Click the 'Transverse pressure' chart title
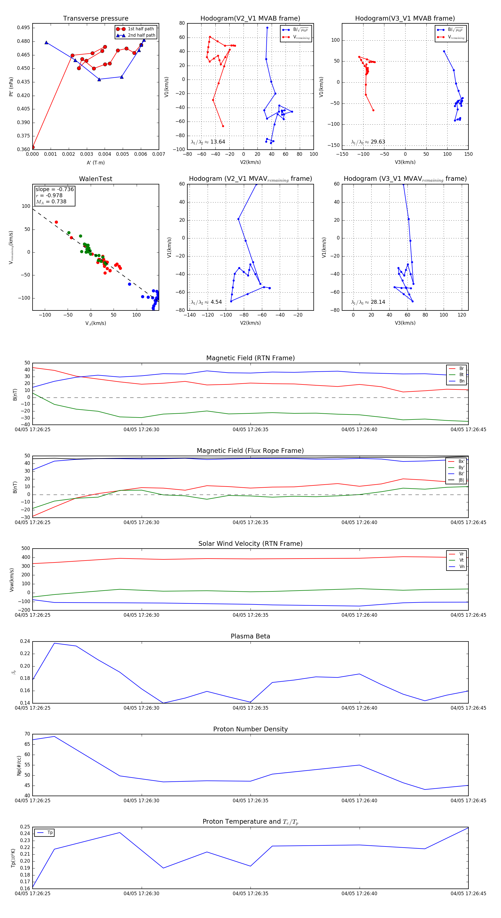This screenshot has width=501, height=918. [95, 19]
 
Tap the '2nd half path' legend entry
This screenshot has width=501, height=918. [141, 35]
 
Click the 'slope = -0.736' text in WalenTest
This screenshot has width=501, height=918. [55, 189]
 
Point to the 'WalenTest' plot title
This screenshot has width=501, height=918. [95, 179]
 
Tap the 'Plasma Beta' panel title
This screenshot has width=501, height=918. [250, 636]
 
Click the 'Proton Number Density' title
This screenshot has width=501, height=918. [250, 729]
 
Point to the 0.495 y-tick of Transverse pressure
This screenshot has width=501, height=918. [24, 28]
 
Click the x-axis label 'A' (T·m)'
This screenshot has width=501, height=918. [95, 163]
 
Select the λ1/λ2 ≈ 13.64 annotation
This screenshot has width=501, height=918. [208, 142]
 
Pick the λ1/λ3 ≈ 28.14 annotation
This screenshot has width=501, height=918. [368, 302]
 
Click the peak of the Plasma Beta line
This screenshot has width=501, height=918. [54, 643]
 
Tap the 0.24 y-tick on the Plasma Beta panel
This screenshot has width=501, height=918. [25, 641]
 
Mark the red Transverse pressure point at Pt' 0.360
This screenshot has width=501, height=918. [33, 147]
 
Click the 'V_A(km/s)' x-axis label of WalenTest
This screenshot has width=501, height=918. [95, 323]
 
